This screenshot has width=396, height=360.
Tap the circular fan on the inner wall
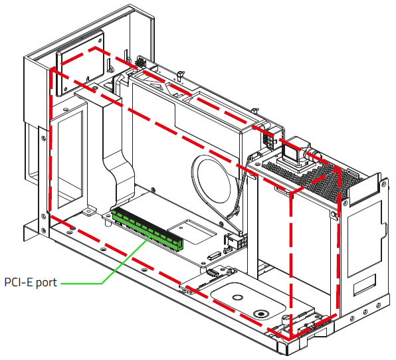[212, 183]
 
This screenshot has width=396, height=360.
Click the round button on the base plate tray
[260, 314]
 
